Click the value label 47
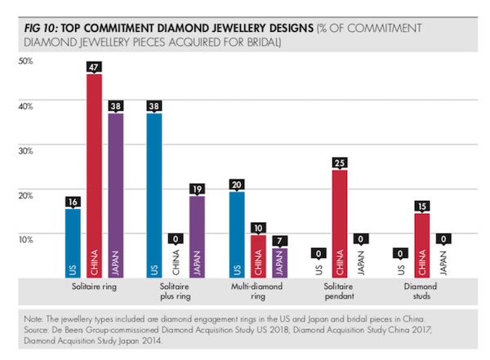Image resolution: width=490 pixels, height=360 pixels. point(94,68)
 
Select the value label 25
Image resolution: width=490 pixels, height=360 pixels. point(340,162)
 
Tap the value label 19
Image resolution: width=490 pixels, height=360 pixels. point(197,189)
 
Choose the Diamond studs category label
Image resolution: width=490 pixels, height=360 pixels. point(421,293)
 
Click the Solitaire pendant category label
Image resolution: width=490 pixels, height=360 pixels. point(340,293)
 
